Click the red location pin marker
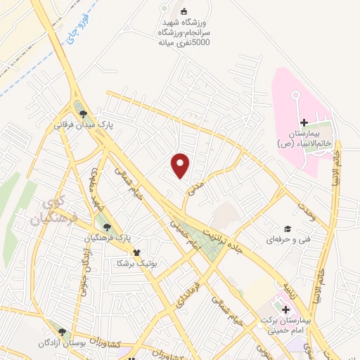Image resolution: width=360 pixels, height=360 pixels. click(x=181, y=165)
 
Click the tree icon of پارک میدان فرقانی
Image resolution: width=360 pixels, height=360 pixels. click(x=84, y=113)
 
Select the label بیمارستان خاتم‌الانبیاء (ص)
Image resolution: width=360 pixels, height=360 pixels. click(x=304, y=138)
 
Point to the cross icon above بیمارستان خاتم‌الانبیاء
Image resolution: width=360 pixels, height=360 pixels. click(x=304, y=123)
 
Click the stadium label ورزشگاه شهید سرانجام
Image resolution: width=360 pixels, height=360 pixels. click(x=184, y=31)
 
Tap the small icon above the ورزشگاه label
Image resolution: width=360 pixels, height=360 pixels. click(x=184, y=11)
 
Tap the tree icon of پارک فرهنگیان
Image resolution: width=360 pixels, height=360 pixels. click(x=107, y=226)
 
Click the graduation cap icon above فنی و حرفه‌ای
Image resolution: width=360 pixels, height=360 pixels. click(x=287, y=229)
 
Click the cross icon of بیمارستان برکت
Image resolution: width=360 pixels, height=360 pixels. click(x=285, y=310)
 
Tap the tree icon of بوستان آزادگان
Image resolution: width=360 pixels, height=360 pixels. click(x=63, y=331)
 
